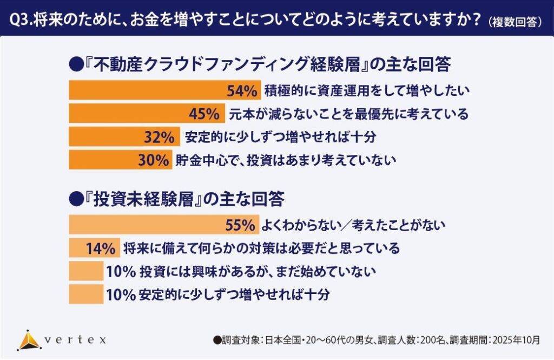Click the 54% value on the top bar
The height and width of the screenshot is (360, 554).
tap(242, 91)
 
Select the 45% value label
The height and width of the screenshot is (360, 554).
tap(204, 114)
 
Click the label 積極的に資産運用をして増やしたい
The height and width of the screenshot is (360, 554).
tap(366, 91)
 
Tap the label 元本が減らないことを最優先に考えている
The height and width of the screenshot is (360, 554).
tap(347, 114)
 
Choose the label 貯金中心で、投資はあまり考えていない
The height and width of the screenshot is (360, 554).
tap(286, 160)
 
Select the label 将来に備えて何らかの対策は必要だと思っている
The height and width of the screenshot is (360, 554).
tap(261, 248)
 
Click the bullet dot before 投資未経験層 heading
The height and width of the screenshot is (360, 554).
tap(75, 199)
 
